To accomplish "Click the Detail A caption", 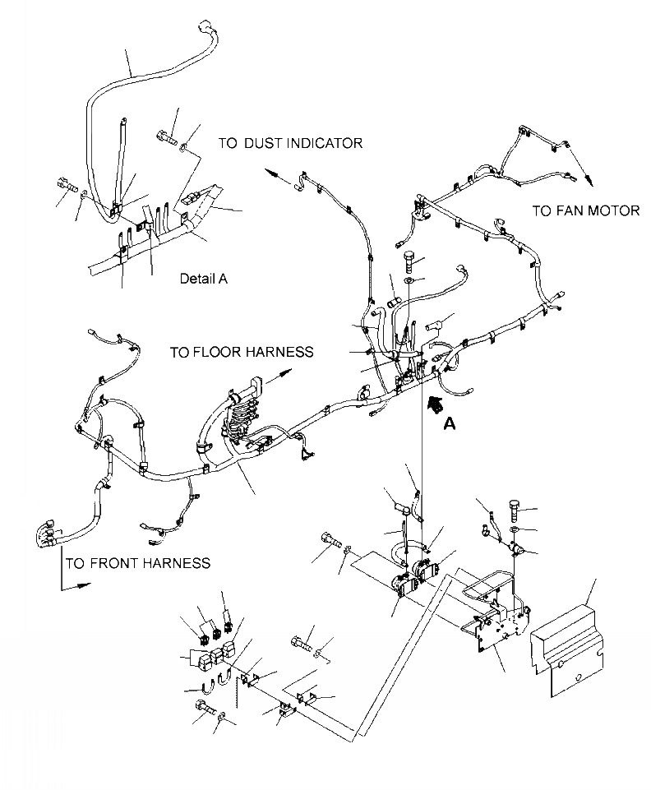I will click(x=203, y=278).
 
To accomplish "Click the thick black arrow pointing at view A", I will click(x=434, y=403).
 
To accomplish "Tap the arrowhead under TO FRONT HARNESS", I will click(x=81, y=585).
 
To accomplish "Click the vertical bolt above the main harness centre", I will click(x=409, y=263).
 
